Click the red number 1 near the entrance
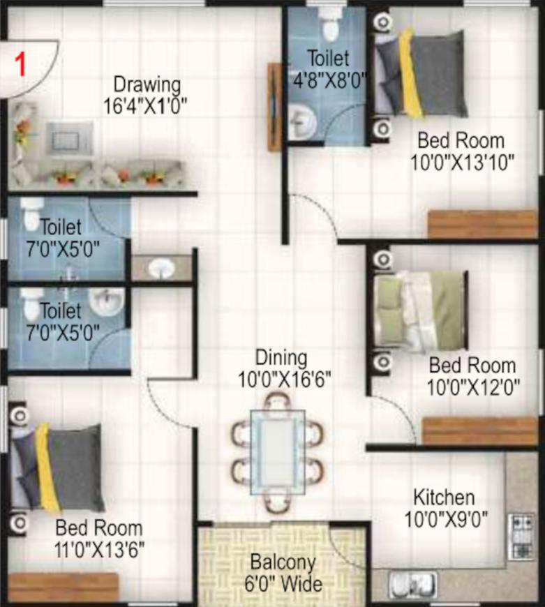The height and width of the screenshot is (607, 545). click(x=20, y=65)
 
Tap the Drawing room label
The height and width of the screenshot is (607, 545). click(x=147, y=85)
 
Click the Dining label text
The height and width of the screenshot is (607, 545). click(x=281, y=358)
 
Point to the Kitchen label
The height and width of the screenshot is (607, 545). click(x=444, y=497)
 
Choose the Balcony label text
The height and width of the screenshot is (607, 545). click(x=283, y=562)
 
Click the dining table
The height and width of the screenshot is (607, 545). click(x=278, y=452)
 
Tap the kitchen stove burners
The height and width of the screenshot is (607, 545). click(x=521, y=536)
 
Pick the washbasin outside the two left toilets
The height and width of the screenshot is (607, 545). click(x=162, y=268)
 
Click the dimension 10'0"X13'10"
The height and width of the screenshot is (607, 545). click(x=462, y=163)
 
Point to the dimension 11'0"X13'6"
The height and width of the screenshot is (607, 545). click(x=100, y=550)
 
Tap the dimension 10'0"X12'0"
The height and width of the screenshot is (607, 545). click(x=473, y=387)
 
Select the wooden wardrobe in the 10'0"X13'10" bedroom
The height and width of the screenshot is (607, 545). click(x=483, y=224)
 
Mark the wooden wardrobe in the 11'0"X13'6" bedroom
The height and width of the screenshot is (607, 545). click(x=63, y=587)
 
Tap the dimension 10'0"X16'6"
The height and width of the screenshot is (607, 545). click(x=284, y=380)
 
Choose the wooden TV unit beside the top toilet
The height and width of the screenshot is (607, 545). click(x=275, y=107)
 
